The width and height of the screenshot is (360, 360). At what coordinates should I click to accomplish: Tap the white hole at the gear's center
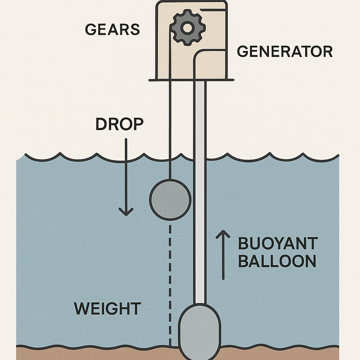[x=187, y=27]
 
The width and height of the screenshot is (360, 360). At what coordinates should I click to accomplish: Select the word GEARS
[x=112, y=30]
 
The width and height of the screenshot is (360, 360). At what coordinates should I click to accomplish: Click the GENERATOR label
[x=285, y=52]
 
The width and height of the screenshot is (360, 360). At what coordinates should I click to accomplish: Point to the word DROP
[x=120, y=124]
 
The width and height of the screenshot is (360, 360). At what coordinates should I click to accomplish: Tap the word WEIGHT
[x=108, y=309]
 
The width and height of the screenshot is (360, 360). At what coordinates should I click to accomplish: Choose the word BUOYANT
[x=278, y=244]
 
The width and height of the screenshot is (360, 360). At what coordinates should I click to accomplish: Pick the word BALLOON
[x=277, y=261]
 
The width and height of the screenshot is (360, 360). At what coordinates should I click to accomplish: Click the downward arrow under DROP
[x=126, y=176]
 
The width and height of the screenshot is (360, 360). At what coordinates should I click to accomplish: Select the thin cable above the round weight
[x=170, y=130]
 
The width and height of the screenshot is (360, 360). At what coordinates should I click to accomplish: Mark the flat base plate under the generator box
[x=191, y=80]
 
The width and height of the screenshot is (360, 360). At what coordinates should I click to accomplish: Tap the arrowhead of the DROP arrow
[x=126, y=212]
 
